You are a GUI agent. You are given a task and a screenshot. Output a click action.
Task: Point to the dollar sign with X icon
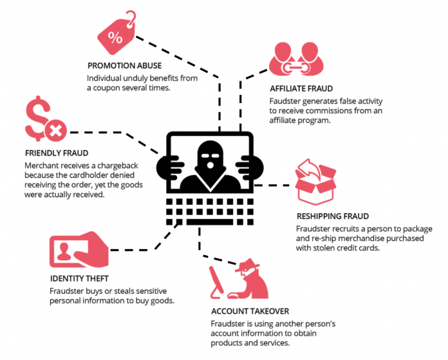pyautogui.click(x=44, y=122)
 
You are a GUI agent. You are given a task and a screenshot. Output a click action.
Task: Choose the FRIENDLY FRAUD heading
pyautogui.click(x=56, y=154)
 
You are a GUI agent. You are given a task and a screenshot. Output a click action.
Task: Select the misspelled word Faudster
pyautogui.click(x=286, y=100)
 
